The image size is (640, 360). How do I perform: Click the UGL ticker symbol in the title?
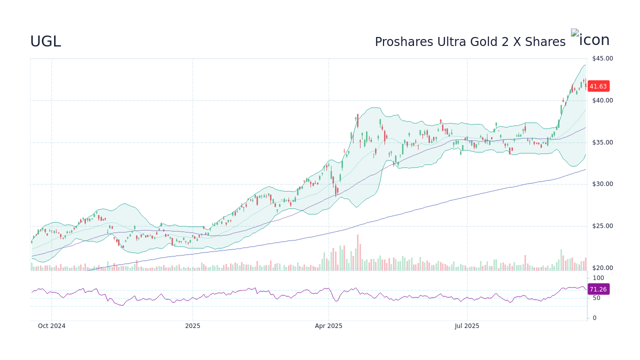[x=45, y=42]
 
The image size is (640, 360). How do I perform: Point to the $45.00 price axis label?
[x=602, y=58]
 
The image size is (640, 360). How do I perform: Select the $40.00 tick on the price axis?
[x=602, y=100]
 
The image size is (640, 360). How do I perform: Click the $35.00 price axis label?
[x=602, y=142]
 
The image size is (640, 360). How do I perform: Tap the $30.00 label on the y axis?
[x=602, y=184]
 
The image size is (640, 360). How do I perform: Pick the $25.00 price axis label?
[x=602, y=226]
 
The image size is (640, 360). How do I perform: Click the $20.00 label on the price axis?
[x=602, y=268]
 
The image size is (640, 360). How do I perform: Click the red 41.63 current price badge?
[x=598, y=86]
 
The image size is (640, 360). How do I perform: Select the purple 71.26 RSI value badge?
[x=598, y=289]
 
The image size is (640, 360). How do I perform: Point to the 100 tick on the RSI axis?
[x=598, y=278]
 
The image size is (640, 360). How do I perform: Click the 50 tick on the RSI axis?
[x=596, y=298]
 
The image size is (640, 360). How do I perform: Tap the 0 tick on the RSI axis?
[x=594, y=318]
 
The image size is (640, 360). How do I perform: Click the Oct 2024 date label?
[x=51, y=326]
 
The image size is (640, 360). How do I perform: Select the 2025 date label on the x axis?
[x=192, y=326]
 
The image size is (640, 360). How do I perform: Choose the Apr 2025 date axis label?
[x=328, y=326]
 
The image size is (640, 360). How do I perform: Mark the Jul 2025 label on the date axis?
[x=467, y=326]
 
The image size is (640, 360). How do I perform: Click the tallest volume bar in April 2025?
[x=357, y=253]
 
